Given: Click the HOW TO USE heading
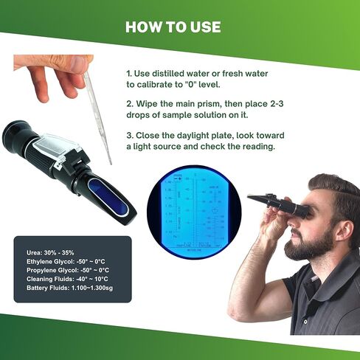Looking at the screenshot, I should pyautogui.click(x=173, y=27).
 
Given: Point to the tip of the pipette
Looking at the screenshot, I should pyautogui.click(x=109, y=162).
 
